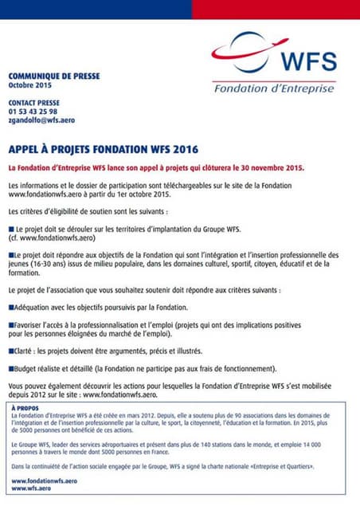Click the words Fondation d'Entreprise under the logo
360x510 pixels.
pos(274,88)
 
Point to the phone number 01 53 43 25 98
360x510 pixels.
pos(34,112)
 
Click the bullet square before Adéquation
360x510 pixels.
pos(10,308)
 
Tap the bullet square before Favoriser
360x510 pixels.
pos(10,325)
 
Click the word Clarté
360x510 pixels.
pos(25,351)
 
